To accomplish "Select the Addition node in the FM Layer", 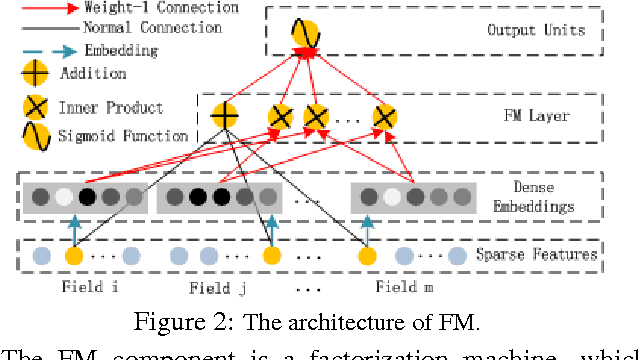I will click(225, 116).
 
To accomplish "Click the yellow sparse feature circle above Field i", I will click(73, 257).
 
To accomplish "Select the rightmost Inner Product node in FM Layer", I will click(383, 117).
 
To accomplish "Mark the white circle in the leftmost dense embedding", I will click(64, 197).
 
